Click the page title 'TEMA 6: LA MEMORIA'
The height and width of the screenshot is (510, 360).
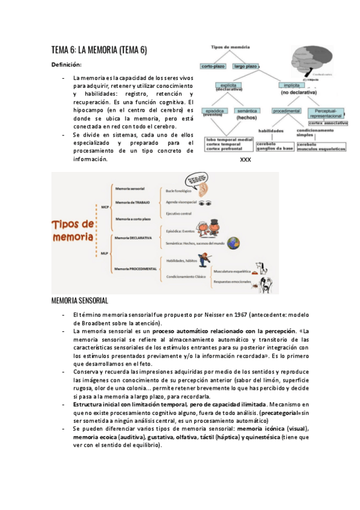point(99,51)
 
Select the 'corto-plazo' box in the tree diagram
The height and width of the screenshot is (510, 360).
point(213,66)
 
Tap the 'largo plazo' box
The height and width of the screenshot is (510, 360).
point(247,66)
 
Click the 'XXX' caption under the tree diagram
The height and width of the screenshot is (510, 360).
point(245,161)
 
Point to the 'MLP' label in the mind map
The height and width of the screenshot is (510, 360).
point(105,253)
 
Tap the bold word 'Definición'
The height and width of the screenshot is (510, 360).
point(66,64)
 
